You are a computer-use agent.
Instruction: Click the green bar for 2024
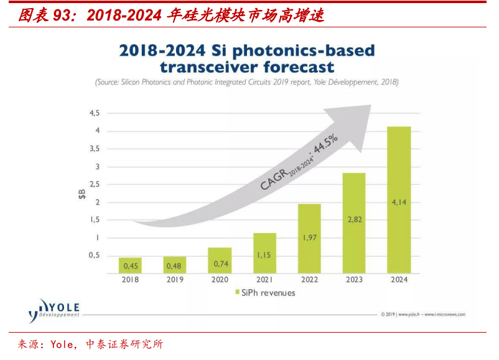[x=399, y=199]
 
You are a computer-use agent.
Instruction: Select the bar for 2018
[x=131, y=265]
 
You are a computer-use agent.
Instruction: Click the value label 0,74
[x=220, y=264]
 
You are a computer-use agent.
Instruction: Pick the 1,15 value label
[x=264, y=255]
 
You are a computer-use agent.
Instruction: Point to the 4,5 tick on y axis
[x=95, y=113]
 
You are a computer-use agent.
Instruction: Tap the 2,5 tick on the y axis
[x=95, y=184]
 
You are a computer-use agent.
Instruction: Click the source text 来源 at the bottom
[x=29, y=344]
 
